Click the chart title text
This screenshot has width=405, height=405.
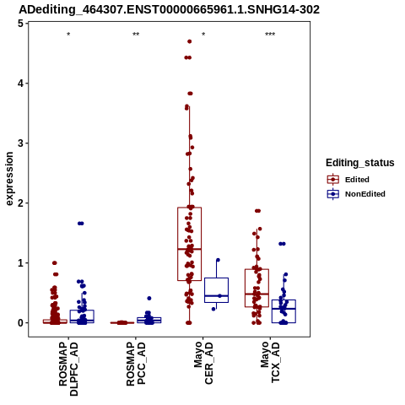(x=169, y=10)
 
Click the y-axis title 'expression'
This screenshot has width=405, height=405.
(x=9, y=179)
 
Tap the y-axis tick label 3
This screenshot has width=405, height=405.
(x=20, y=143)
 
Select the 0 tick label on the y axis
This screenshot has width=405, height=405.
(x=20, y=323)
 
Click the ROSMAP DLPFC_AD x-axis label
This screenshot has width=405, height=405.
(x=68, y=369)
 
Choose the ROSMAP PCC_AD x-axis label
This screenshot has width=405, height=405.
(x=136, y=364)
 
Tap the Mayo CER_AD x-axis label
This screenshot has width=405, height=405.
(x=203, y=363)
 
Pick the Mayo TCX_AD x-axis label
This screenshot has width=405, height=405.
(x=270, y=362)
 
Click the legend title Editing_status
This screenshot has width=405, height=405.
(x=360, y=163)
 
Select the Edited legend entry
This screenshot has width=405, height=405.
(x=348, y=180)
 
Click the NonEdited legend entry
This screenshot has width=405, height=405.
(x=356, y=194)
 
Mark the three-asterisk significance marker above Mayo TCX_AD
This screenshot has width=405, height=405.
(x=270, y=35)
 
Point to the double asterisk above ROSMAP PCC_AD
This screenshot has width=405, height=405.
(x=136, y=35)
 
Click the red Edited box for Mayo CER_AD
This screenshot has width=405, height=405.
(x=177, y=244)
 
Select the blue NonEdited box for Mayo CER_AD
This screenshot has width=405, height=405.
(x=204, y=290)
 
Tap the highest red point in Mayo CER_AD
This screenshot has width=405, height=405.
(x=189, y=41)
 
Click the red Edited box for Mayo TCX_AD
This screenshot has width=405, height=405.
(x=245, y=288)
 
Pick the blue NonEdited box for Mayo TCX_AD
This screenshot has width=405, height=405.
(x=272, y=311)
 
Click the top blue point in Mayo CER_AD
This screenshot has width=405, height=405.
(x=218, y=260)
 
